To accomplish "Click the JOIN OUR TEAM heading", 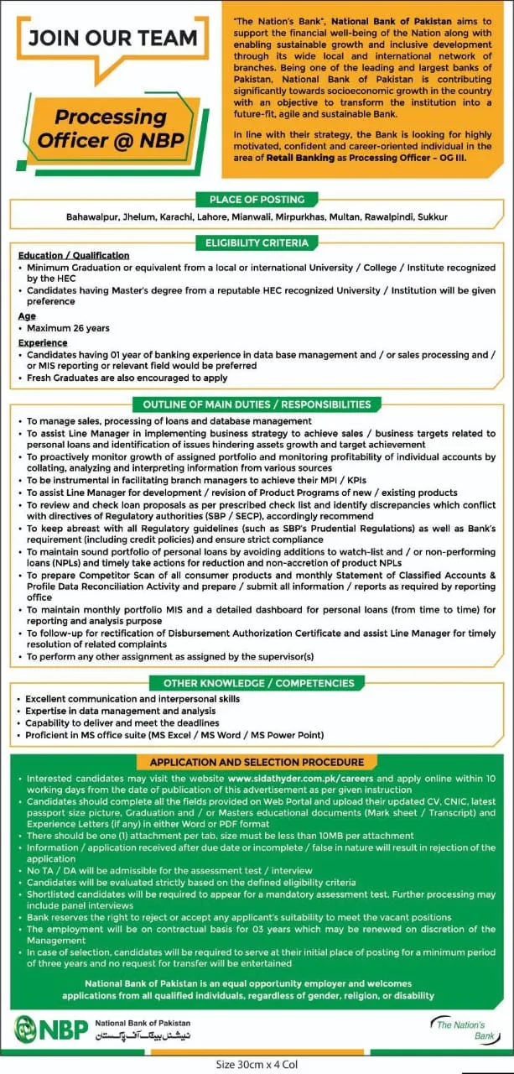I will (112, 39).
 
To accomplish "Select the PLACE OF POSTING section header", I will (257, 200).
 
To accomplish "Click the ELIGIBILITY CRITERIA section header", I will (257, 243).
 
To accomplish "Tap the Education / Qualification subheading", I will (74, 255).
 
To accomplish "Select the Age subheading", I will (27, 316).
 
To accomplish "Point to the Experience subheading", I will (43, 343).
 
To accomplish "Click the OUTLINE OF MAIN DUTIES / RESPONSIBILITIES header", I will (257, 404).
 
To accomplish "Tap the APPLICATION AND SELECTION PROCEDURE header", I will (257, 763).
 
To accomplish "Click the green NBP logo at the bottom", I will (49, 1028).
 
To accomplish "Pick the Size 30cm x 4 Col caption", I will (257, 1065).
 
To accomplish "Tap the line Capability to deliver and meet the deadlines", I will (122, 722).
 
